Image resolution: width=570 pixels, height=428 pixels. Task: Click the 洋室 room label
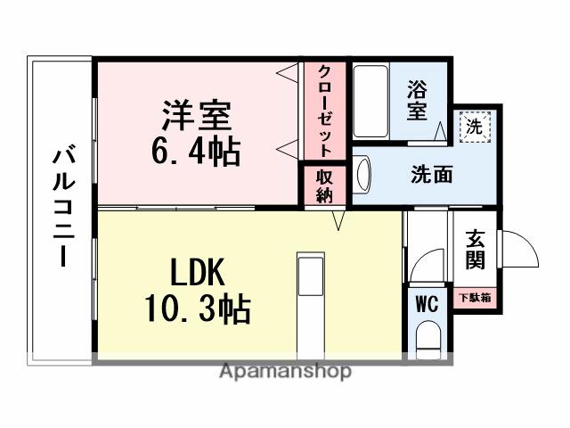197,116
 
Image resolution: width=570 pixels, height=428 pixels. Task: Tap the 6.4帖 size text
197,151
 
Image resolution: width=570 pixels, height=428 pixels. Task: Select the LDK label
197,270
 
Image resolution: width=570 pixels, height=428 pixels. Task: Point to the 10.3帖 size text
197,309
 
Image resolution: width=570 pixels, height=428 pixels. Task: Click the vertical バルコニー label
61,207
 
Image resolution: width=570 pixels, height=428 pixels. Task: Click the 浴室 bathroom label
416,101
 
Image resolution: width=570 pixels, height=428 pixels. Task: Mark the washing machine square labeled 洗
476,127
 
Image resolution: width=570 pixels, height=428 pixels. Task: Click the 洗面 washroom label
431,174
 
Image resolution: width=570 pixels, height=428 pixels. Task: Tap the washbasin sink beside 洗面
362,173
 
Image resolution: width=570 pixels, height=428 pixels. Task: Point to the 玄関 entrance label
475,251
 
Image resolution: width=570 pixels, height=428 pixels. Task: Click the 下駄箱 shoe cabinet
475,298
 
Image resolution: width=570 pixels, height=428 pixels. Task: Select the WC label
426,303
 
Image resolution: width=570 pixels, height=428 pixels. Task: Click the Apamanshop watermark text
284,371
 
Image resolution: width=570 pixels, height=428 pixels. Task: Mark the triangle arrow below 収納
338,219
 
